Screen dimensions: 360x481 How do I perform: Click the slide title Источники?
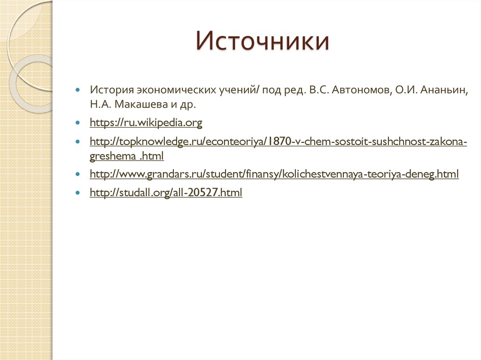point(263,41)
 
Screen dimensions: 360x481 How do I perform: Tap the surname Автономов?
point(360,90)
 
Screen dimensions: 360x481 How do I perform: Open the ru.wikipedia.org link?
point(146,123)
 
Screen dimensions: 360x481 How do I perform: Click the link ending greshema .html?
point(126,156)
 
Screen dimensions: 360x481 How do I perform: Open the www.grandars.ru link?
point(274,175)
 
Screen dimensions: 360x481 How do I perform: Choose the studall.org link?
point(166,192)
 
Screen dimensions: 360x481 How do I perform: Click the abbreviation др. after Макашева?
point(187,104)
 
